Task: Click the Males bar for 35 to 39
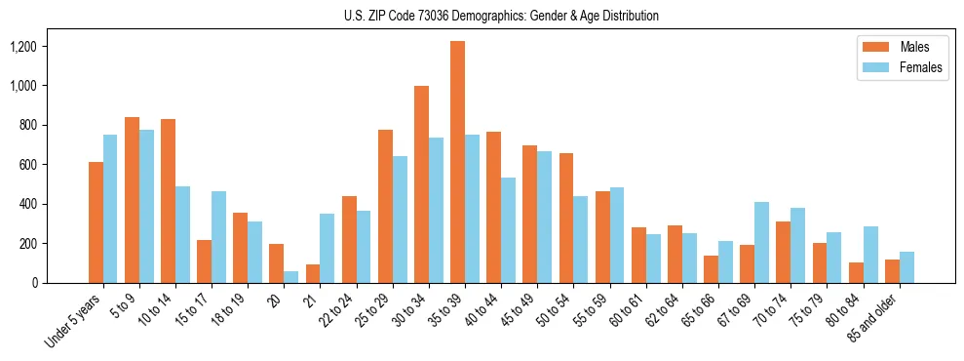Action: point(457,162)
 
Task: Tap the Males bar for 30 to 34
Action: point(421,184)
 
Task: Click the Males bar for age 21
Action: point(313,273)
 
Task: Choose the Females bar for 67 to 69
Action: point(761,242)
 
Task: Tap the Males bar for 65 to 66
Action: point(711,269)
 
